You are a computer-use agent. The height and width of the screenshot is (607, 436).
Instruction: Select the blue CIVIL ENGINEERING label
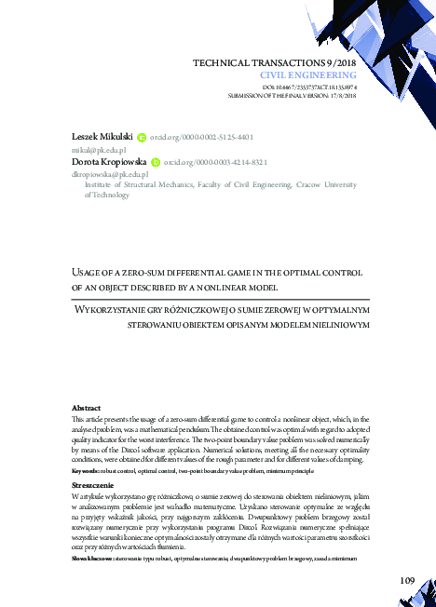click(307, 74)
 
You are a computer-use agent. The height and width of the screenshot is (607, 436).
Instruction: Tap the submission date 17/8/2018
click(341, 94)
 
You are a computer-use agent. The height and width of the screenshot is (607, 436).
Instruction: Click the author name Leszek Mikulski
click(102, 136)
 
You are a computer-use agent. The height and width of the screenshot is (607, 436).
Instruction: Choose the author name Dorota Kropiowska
click(110, 161)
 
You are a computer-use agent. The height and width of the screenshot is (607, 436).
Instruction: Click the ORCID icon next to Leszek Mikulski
click(142, 136)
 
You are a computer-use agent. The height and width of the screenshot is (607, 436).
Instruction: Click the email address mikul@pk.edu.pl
click(92, 149)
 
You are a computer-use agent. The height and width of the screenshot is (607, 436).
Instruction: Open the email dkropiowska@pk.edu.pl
click(104, 173)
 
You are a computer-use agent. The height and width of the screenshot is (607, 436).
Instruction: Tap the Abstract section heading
click(87, 409)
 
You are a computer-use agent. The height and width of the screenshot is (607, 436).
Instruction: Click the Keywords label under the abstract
click(89, 471)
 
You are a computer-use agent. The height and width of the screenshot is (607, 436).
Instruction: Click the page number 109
click(405, 581)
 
